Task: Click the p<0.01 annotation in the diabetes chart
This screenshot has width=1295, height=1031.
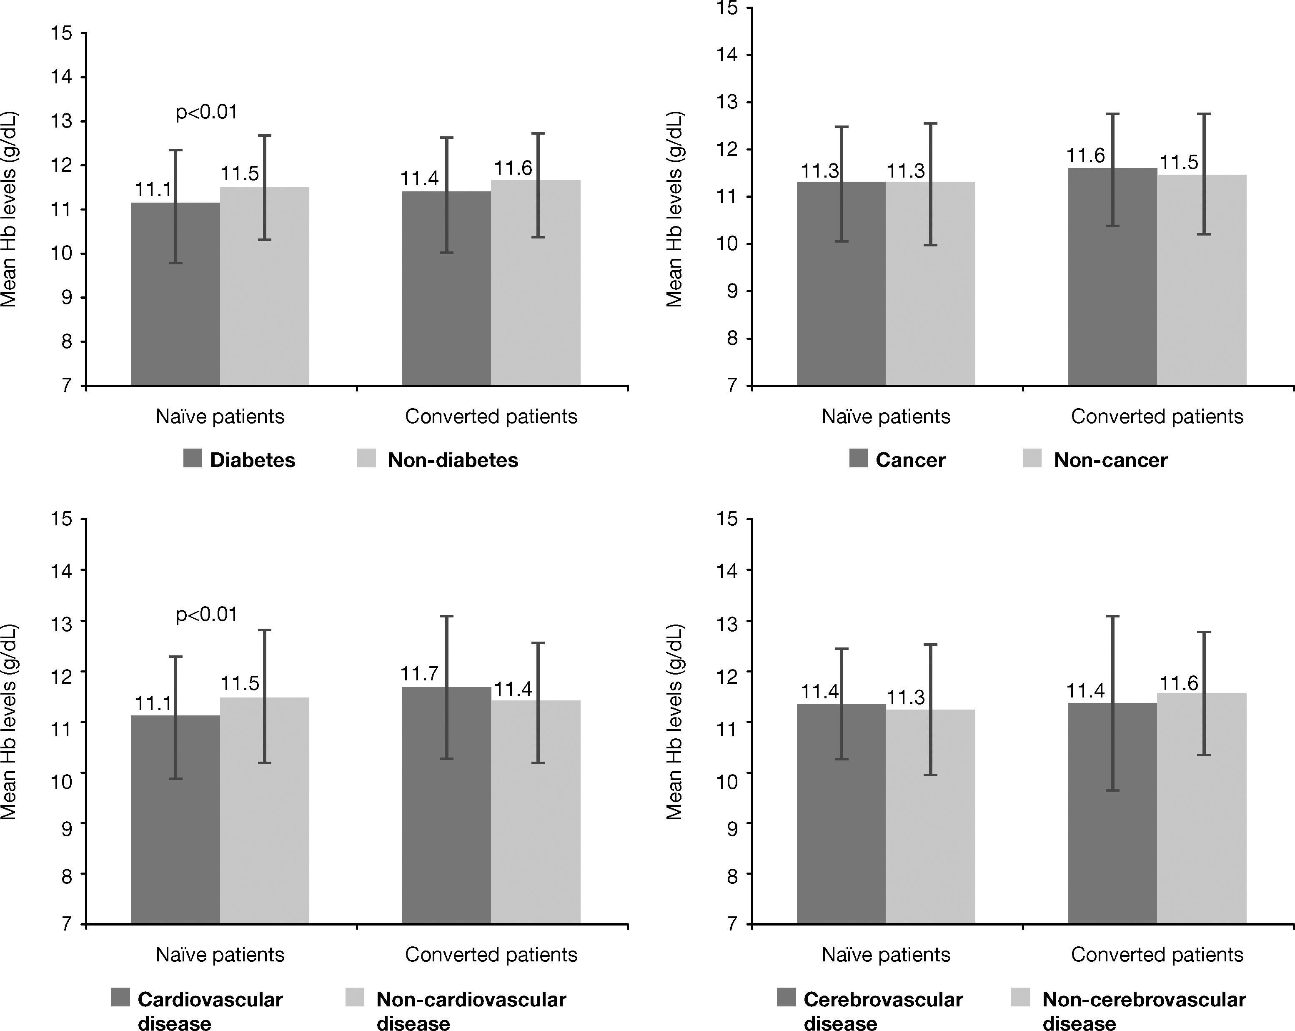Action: [x=206, y=112]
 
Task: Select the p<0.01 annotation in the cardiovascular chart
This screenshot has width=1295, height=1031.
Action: [x=206, y=614]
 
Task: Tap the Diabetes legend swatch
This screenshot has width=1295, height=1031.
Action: [x=192, y=459]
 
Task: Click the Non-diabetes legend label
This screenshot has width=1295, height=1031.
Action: [x=453, y=460]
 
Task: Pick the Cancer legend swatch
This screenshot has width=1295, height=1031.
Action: [x=858, y=459]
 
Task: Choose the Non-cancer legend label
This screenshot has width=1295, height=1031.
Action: [x=1111, y=460]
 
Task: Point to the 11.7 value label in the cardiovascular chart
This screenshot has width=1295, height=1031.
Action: [x=419, y=674]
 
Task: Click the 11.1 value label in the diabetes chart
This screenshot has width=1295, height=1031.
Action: [x=153, y=190]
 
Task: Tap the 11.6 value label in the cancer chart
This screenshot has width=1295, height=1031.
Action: [x=1085, y=156]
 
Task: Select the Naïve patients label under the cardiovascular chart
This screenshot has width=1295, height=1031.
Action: [x=220, y=955]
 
